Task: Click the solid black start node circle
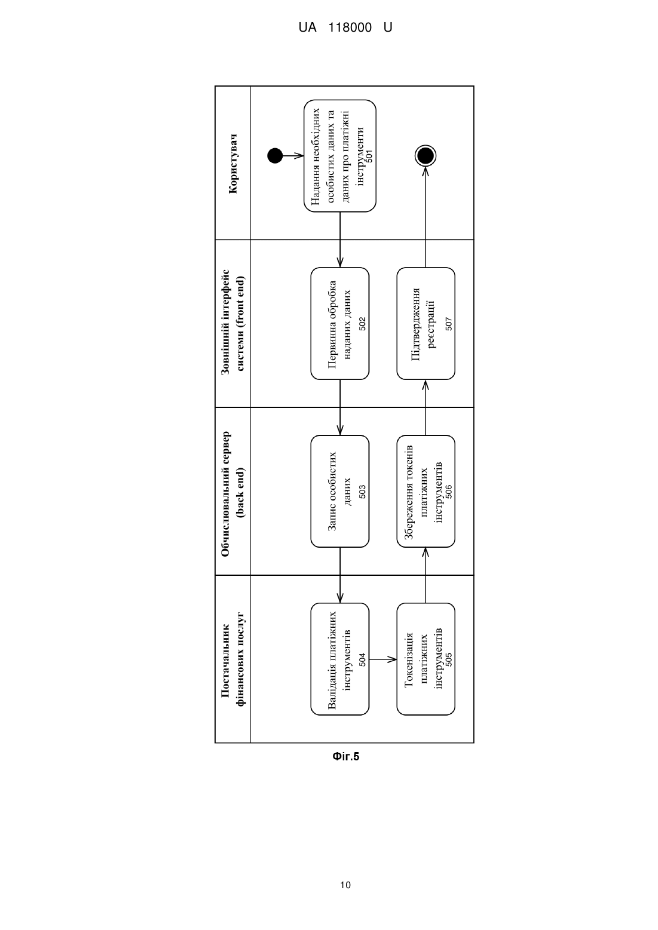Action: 275,156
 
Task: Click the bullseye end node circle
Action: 426,156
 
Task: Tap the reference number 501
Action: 369,156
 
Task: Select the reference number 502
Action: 362,324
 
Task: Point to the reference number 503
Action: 362,492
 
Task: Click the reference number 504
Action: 362,659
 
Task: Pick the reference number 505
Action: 448,659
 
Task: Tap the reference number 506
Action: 448,492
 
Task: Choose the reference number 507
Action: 448,324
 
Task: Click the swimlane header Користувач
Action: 234,164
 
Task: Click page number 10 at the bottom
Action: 345,885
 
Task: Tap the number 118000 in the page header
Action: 350,27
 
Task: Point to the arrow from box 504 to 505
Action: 382,659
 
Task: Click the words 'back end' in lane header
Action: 240,492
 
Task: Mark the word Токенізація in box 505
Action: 409,659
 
